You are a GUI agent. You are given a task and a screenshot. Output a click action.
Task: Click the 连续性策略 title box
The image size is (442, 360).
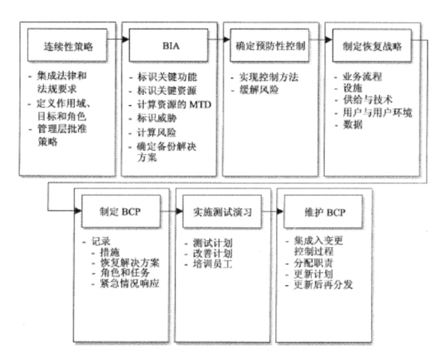pyautogui.click(x=67, y=45)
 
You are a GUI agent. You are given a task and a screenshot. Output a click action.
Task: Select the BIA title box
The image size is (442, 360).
pyautogui.click(x=168, y=45)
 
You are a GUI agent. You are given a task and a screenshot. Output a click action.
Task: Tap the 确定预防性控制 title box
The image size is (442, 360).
pyautogui.click(x=270, y=45)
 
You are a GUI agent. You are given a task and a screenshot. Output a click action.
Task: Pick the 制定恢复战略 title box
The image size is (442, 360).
pyautogui.click(x=372, y=45)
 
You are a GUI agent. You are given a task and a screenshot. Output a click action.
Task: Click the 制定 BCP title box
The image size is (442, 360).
pyautogui.click(x=121, y=212)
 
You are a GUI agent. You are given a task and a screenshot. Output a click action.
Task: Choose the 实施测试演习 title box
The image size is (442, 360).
pyautogui.click(x=222, y=212)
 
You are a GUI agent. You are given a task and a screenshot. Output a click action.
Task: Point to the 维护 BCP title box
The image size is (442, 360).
pyautogui.click(x=323, y=212)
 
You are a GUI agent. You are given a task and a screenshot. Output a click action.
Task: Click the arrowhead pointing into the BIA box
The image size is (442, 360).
pyautogui.click(x=125, y=39)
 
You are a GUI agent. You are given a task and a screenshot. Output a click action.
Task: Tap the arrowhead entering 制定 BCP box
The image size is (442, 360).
pyautogui.click(x=78, y=211)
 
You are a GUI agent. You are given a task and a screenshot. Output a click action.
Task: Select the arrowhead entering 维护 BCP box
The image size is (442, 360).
pyautogui.click(x=280, y=211)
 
